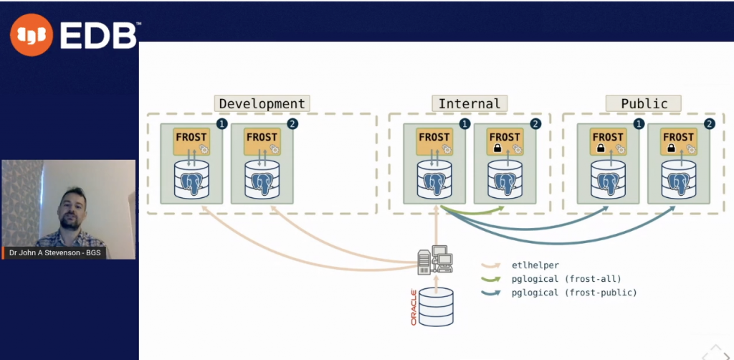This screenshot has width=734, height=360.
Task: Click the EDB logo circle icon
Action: point(32,34)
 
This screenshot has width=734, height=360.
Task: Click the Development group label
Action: point(262,103)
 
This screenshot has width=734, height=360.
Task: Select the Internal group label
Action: point(470,103)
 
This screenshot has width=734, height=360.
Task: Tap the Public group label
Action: point(644,103)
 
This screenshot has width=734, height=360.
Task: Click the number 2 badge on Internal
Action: point(535,124)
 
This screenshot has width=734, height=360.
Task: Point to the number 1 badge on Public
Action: point(639,124)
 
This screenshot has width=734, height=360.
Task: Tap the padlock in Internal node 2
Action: point(496,148)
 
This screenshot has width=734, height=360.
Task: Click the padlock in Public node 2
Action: point(669,148)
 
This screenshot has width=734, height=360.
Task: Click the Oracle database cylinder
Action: point(436,307)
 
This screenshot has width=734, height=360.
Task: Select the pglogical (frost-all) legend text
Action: point(566,278)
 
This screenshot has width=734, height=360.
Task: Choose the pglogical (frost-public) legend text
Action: point(574,293)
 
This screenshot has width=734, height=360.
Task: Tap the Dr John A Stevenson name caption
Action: point(55,252)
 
